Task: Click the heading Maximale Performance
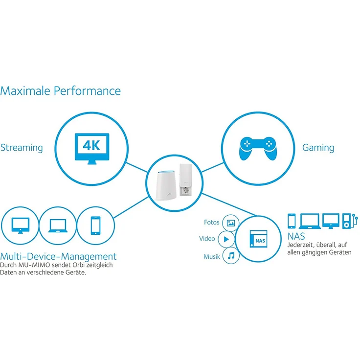[x=60, y=90]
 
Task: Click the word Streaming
[x=22, y=147]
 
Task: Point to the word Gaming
[x=318, y=147]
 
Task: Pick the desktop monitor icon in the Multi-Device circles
[x=20, y=225]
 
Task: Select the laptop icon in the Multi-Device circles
[x=58, y=225]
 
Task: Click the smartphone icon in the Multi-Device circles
[x=96, y=225]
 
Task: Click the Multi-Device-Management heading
[x=59, y=256]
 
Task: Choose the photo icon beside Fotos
[x=231, y=223]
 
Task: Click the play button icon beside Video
[x=226, y=239]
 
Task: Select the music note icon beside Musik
[x=231, y=255]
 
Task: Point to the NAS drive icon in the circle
[x=259, y=239]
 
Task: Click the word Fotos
[x=211, y=223]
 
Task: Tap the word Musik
[x=211, y=256]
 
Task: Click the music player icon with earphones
[x=347, y=221]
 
